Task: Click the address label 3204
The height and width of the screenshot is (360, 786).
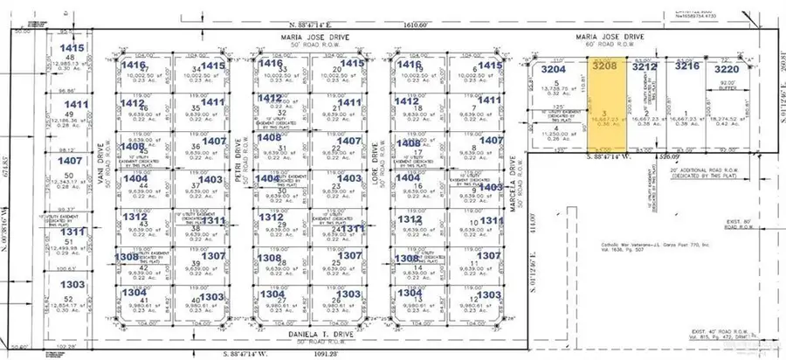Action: pos(555,68)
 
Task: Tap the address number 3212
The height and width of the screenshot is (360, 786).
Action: pos(644,66)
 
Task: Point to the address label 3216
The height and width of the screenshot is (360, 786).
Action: pos(686,66)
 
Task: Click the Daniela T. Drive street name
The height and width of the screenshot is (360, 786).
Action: pos(310,335)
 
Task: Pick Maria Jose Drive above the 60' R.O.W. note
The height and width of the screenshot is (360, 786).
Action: pos(609,38)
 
